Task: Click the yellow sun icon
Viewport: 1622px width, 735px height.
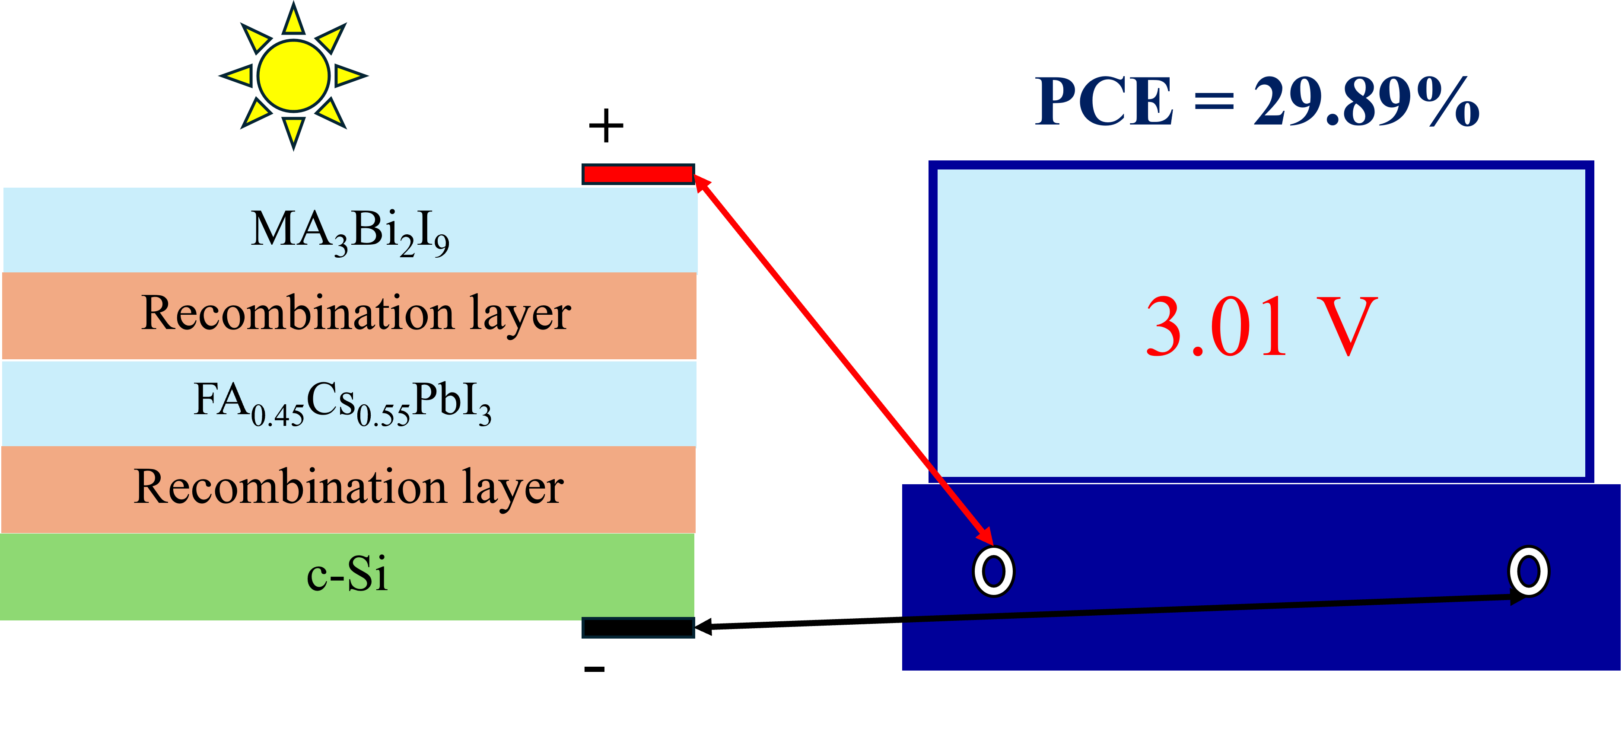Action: click(293, 76)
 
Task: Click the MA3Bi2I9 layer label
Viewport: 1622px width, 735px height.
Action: click(350, 231)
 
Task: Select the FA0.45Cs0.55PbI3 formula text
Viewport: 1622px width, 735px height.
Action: click(342, 403)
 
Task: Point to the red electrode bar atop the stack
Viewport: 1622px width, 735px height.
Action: click(638, 174)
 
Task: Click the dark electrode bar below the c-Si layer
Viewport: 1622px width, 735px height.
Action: click(638, 628)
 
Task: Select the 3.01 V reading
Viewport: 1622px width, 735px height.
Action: click(1260, 327)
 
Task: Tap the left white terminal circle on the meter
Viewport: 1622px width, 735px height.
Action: click(994, 571)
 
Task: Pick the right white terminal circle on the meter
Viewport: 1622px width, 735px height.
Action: click(1528, 571)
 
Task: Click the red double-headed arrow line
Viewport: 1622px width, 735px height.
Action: click(844, 359)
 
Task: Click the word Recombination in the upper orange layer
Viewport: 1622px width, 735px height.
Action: click(297, 313)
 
